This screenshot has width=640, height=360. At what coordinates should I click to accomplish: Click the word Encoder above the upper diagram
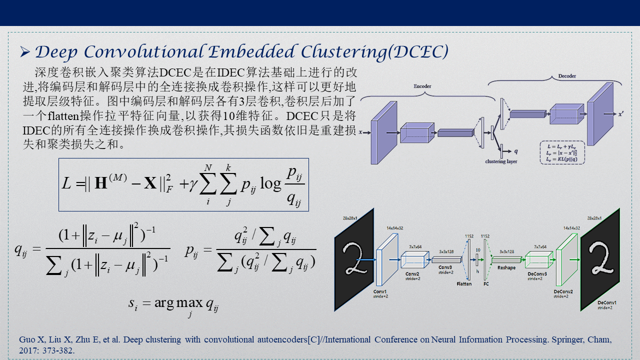tap(422, 86)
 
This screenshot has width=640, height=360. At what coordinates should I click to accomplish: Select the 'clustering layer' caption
tap(501, 161)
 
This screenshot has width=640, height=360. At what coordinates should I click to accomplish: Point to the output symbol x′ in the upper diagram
tap(620, 114)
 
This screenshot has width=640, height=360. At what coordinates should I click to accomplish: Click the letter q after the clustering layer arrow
tap(516, 150)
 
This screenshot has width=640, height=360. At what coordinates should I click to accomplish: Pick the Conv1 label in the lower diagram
tap(380, 291)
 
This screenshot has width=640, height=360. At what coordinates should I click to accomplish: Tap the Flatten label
tap(464, 284)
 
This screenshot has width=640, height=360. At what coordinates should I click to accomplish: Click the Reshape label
tap(506, 268)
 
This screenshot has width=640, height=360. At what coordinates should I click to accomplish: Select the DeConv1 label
tap(607, 302)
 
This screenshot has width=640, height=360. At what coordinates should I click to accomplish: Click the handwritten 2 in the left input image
tap(354, 259)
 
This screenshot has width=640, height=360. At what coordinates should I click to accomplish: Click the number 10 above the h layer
tap(477, 249)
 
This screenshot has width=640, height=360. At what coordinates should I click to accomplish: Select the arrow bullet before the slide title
tap(25, 51)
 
